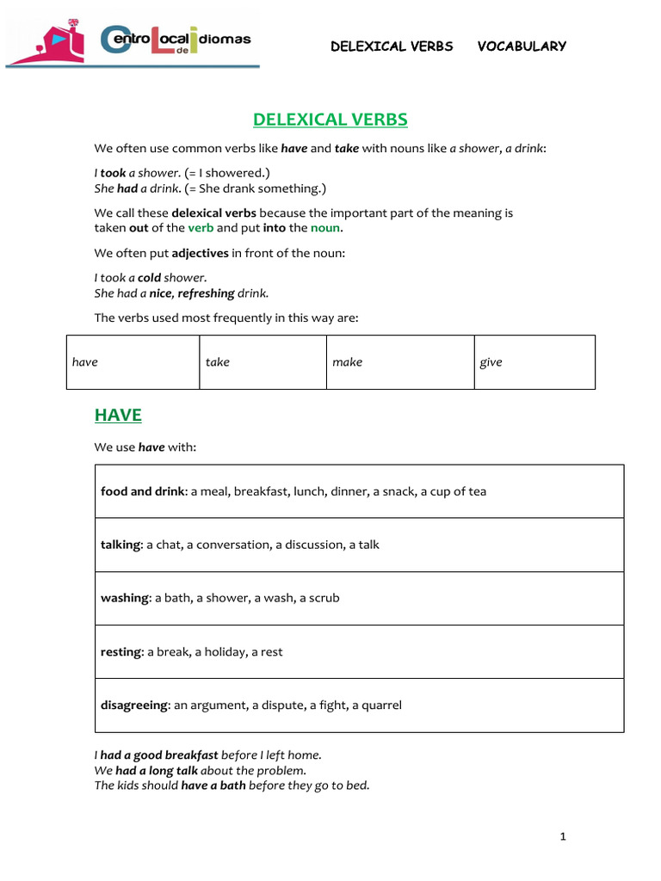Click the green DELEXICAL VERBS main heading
pyautogui.click(x=330, y=120)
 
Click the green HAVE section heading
pyautogui.click(x=118, y=415)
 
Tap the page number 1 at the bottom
pyautogui.click(x=562, y=835)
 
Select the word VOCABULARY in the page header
pyautogui.click(x=522, y=46)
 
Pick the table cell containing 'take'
pyautogui.click(x=263, y=362)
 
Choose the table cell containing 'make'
pyautogui.click(x=399, y=362)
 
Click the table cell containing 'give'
pyautogui.click(x=534, y=362)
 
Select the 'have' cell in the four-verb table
pyautogui.click(x=133, y=362)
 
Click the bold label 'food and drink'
pyautogui.click(x=142, y=491)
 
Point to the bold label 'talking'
pyautogui.click(x=120, y=545)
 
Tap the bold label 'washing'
pyautogui.click(x=124, y=598)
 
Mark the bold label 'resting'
pyautogui.click(x=120, y=651)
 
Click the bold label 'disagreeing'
pyautogui.click(x=133, y=705)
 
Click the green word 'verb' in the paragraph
pyautogui.click(x=201, y=228)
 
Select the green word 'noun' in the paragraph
pyautogui.click(x=325, y=228)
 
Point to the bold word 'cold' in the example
pyautogui.click(x=149, y=278)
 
